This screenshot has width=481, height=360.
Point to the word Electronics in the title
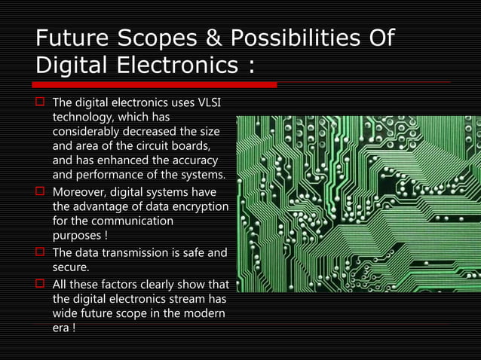179,67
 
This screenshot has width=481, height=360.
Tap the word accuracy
193,160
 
